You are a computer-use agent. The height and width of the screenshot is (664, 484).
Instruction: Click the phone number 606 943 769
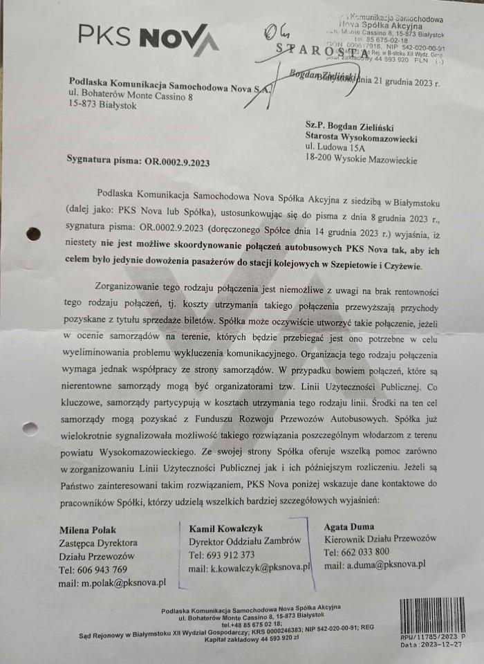pos(93,570)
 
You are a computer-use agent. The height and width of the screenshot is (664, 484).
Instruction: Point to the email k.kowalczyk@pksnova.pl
pos(250,569)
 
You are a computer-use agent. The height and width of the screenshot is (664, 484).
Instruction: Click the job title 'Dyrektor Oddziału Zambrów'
pos(245,542)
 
